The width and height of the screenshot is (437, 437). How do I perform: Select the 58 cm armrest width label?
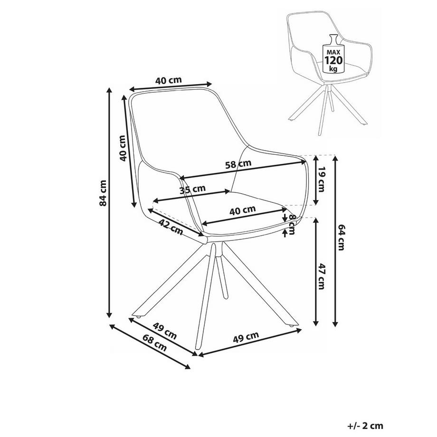point(238,165)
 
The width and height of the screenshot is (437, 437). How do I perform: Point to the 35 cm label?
point(192,190)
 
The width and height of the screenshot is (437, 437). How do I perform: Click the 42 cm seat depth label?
point(171,228)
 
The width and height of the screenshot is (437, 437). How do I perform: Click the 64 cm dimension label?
point(341,243)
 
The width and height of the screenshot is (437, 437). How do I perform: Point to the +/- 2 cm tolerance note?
point(364,426)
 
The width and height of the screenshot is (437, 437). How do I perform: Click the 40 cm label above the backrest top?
point(168,80)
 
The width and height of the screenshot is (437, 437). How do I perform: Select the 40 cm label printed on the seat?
point(243,209)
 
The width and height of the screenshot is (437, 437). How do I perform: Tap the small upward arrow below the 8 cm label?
point(285,232)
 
